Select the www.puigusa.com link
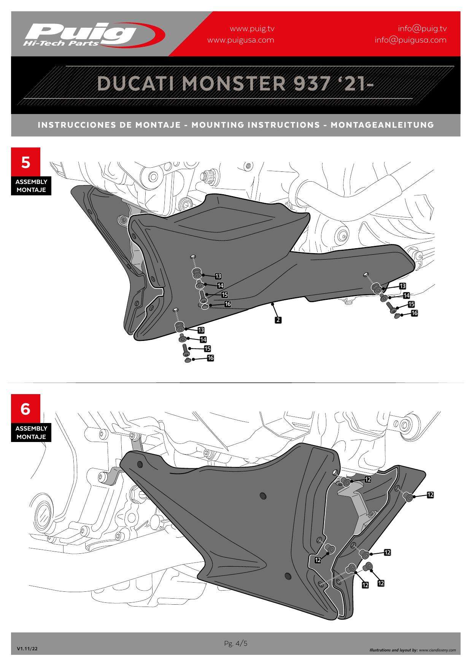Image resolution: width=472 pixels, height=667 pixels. pos(241,40)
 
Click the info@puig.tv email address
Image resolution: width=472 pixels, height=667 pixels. pos(422,29)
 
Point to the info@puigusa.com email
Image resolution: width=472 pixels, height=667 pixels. pos(411,40)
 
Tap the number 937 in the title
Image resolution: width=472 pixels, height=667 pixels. pos(311,83)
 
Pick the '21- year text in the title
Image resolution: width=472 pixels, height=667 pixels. pos(354,83)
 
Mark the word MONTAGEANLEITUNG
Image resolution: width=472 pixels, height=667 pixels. pos(382,125)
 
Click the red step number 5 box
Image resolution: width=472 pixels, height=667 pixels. pos(25,162)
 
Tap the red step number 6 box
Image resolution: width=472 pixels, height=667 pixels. pos(25,409)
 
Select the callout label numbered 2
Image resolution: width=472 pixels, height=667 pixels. pos(278,320)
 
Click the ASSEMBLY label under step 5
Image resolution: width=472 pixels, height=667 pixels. pos(31,182)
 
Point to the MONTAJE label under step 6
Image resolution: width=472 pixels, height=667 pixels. pos(31,437)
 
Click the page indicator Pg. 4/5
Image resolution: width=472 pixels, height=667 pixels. pos(236,643)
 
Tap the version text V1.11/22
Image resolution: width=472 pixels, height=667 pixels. pos(27,649)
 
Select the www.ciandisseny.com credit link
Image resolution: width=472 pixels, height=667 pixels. pos(437,650)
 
